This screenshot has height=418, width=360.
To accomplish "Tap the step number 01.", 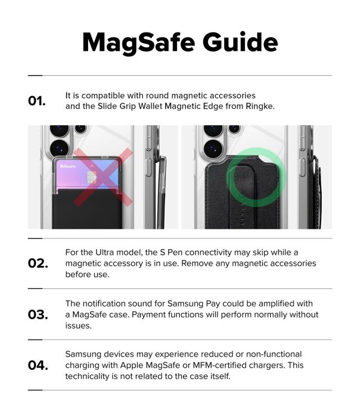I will point(37,101).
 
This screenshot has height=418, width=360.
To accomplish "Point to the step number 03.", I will point(38,315).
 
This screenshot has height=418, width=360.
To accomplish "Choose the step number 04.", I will point(38,366).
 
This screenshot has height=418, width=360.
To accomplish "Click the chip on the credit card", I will point(92,177).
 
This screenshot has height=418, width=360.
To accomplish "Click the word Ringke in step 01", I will point(260,106).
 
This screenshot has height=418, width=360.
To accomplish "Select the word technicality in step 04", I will point(91,376).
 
